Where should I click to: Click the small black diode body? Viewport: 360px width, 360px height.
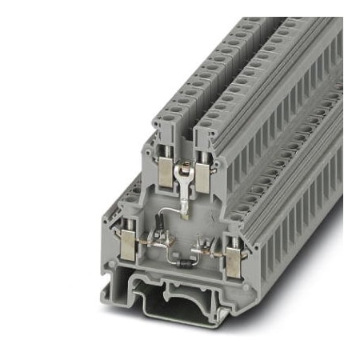[x=186, y=264]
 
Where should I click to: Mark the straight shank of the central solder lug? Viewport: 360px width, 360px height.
[x=184, y=193]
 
